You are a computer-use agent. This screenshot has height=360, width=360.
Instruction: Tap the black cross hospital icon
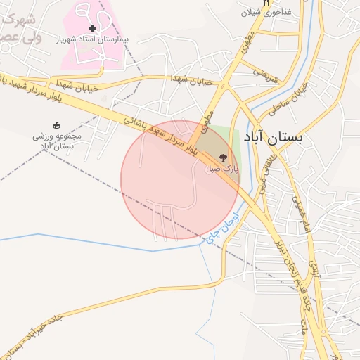pyautogui.click(x=91, y=28)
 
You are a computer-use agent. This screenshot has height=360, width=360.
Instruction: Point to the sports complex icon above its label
pyautogui.click(x=56, y=124)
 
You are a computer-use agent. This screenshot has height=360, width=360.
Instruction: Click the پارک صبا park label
pyautogui.click(x=223, y=169)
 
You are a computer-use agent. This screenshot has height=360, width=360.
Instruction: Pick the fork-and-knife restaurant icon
pyautogui.click(x=266, y=3)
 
